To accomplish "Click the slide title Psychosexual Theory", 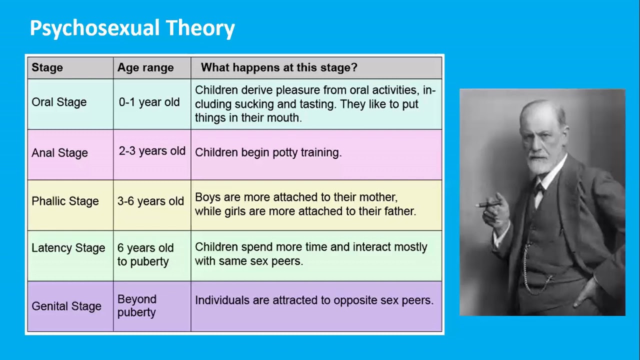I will (x=132, y=28).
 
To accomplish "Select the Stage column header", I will (x=47, y=67).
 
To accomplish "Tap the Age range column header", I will (x=145, y=67).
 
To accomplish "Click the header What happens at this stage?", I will (x=279, y=67).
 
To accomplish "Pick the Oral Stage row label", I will (x=59, y=102).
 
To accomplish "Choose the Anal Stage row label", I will (x=59, y=153).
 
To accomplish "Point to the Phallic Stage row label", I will (x=65, y=201).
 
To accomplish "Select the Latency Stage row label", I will (x=68, y=248).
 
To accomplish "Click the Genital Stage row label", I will (x=66, y=306).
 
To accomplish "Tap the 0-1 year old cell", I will (x=149, y=102).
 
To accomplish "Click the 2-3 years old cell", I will (x=152, y=151).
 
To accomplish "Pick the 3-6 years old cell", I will (x=150, y=201).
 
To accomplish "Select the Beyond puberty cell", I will (x=136, y=305).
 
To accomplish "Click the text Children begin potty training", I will (x=268, y=152).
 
